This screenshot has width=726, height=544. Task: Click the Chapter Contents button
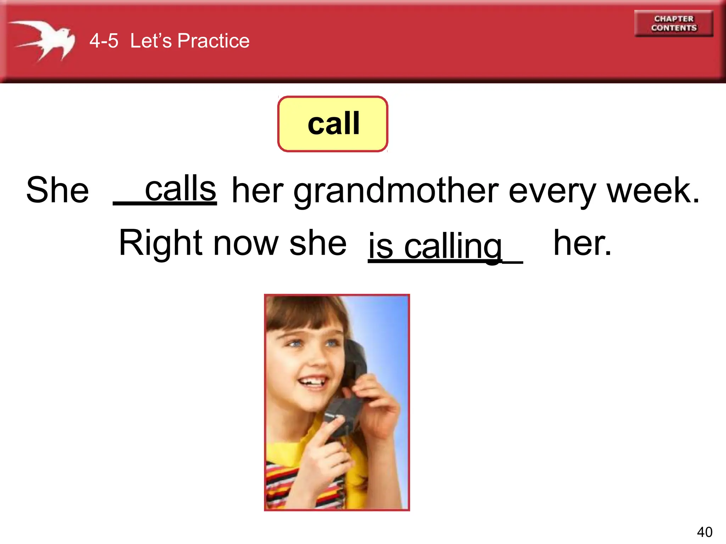pos(674,23)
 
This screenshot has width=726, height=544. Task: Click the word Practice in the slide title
pos(213,41)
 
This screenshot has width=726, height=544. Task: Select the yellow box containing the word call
pos(333,124)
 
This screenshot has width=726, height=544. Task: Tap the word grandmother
pos(396,191)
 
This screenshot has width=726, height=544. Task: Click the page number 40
pos(704,532)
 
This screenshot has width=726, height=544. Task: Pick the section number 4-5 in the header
pos(104,41)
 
